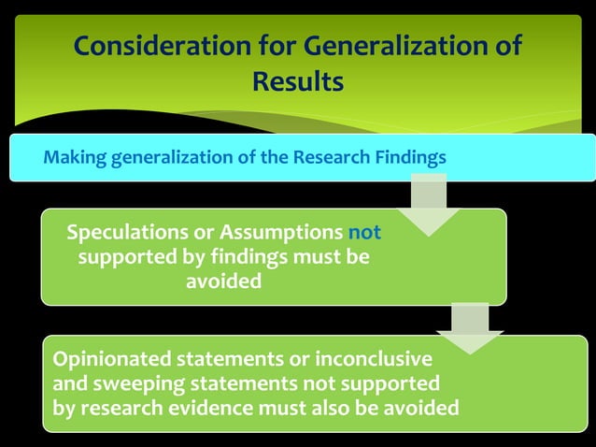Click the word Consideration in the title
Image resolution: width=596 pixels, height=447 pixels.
click(x=154, y=46)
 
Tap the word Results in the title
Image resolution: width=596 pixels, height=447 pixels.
click(x=298, y=82)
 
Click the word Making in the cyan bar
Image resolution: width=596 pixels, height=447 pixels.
click(x=75, y=156)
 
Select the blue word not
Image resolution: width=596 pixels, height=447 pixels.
click(x=364, y=232)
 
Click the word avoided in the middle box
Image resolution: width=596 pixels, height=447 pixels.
click(x=223, y=281)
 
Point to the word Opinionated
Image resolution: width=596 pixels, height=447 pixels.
click(x=114, y=359)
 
